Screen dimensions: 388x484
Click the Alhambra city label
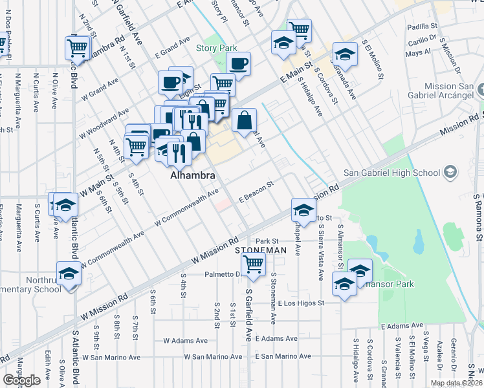[188, 175]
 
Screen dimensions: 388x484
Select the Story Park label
[217, 48]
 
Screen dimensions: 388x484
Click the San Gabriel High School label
[391, 172]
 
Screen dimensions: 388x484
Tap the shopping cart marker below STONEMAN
[253, 264]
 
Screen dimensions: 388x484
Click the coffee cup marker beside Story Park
[238, 64]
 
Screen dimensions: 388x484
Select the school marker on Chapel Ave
[303, 209]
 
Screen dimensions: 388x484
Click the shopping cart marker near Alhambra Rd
[77, 47]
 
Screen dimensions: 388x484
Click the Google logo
[21, 380]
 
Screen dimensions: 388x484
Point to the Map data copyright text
[456, 383]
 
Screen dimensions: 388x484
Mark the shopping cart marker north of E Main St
[299, 30]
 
